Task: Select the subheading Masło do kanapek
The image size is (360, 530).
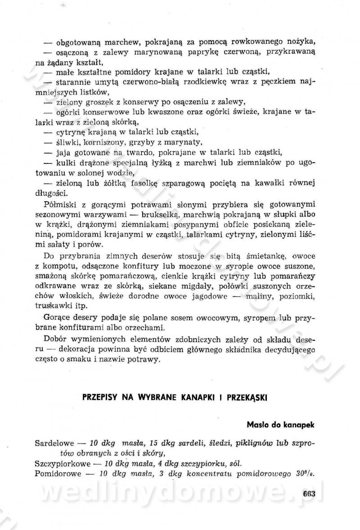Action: [x=280, y=424]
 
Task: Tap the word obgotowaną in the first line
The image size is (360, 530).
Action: [x=80, y=43]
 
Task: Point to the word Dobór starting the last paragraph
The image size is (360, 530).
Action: [x=59, y=339]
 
